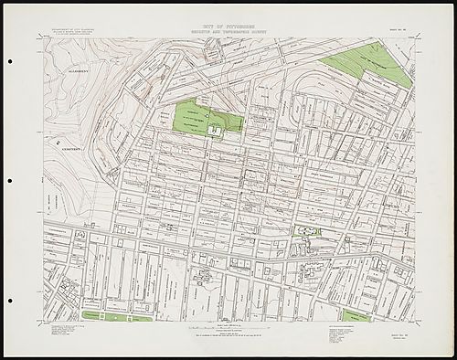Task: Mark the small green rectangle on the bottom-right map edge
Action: (357, 316)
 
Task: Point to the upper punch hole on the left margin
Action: (9, 63)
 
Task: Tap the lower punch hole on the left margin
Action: (9, 297)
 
